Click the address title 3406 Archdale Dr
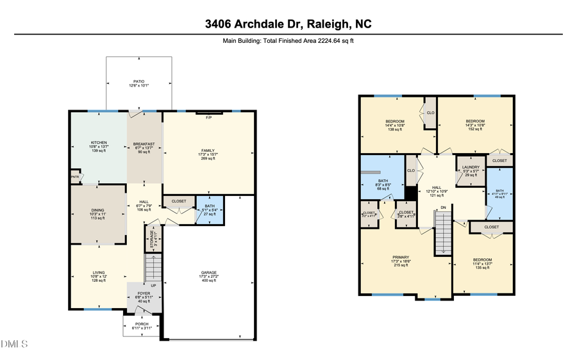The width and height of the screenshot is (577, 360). point(288,24)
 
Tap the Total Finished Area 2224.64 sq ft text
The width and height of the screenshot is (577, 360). point(288,40)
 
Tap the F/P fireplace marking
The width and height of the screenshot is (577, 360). point(208,118)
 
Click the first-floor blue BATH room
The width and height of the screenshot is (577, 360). point(210,210)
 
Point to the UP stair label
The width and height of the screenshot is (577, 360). point(153,285)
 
